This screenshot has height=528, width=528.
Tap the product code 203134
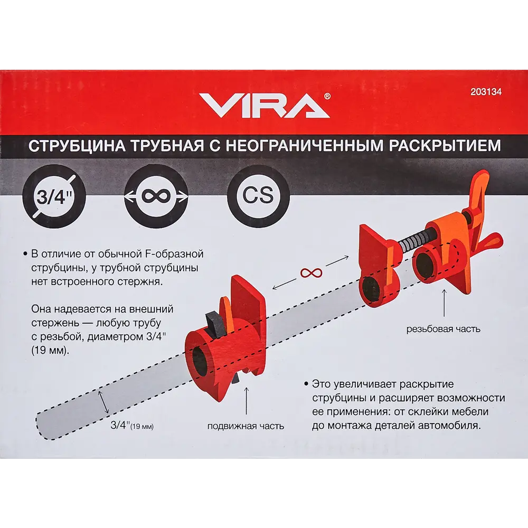pos(485,91)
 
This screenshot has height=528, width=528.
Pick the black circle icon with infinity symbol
pos(156,196)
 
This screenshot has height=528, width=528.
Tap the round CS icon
pos(258,196)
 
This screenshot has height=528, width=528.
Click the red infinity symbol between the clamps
pos(311,272)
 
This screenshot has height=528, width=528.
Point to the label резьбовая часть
pos(443,329)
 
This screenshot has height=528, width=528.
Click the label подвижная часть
pos(246,426)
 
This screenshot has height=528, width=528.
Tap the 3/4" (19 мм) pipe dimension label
pos(132,426)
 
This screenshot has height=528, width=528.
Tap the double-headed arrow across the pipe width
pos(103,402)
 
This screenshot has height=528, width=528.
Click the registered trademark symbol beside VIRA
pos(327,96)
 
